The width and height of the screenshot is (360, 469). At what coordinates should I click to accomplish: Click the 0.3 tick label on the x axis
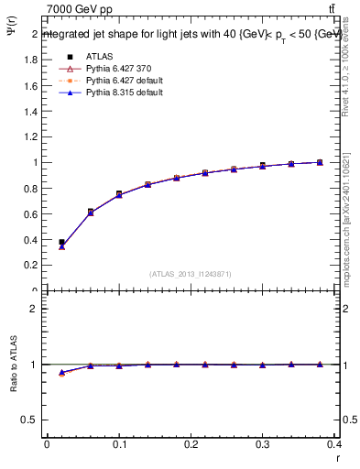point(262,449)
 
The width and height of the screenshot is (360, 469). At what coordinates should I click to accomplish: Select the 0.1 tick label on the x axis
point(118,449)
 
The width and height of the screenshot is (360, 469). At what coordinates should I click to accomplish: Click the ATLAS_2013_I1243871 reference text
point(189,274)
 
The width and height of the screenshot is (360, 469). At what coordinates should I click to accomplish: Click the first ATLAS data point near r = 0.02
point(61,243)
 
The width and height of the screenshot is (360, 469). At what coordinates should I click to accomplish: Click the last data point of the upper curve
point(320,162)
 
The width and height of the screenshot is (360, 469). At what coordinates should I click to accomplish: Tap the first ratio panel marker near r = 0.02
point(61,373)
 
